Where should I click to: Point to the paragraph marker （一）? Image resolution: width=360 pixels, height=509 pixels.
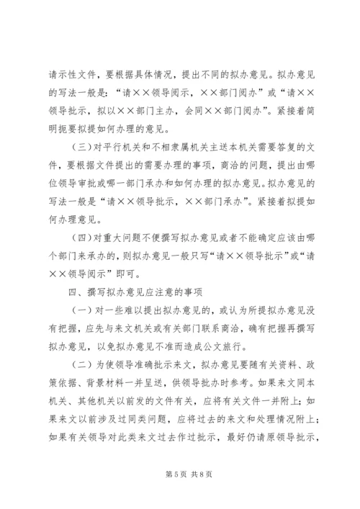tap(73, 315)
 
